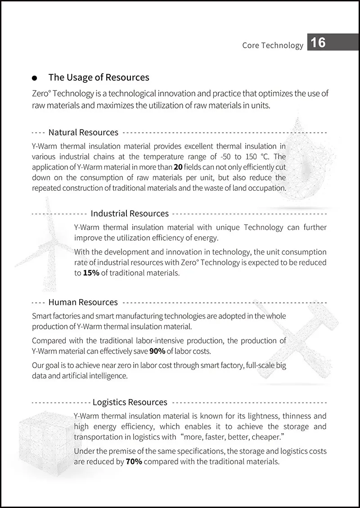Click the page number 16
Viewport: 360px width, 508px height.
pyautogui.click(x=318, y=43)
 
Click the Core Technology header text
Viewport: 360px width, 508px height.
pyautogui.click(x=273, y=45)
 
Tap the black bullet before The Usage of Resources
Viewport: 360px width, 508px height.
pyautogui.click(x=35, y=78)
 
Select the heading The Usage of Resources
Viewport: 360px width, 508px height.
pyautogui.click(x=99, y=77)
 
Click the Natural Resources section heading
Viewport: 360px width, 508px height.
pyautogui.click(x=83, y=132)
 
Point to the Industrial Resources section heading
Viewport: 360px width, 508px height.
pyautogui.click(x=130, y=213)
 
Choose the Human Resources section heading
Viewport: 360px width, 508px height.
pyautogui.click(x=83, y=302)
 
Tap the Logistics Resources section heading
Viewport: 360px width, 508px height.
pyautogui.click(x=130, y=402)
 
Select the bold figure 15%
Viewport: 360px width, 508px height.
pyautogui.click(x=91, y=273)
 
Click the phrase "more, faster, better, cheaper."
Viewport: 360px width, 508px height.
pyautogui.click(x=233, y=437)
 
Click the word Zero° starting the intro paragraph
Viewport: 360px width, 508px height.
pyautogui.click(x=42, y=94)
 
